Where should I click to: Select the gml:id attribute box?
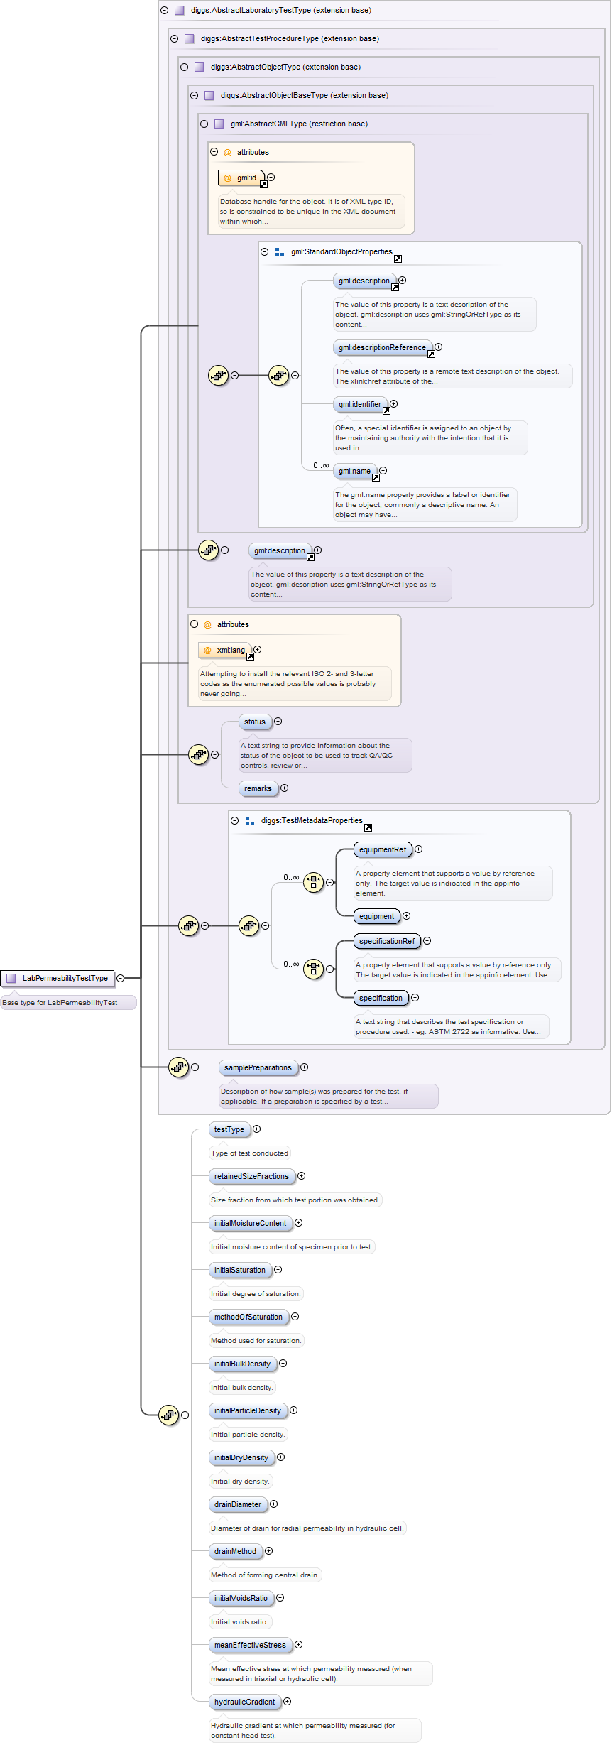242,178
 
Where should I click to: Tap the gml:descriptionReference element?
382,347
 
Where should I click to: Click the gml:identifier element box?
360,404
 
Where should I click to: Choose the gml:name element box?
354,471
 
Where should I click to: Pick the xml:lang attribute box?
225,650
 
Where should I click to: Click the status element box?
254,722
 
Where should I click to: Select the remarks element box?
258,788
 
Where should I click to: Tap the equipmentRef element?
383,849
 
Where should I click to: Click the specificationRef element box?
387,941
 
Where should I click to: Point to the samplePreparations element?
258,1067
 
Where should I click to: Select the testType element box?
229,1129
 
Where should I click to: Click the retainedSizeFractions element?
251,1176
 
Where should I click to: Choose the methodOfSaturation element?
248,1317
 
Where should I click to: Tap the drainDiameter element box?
238,1504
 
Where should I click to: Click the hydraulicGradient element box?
244,1702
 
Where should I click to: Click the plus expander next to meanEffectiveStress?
299,1645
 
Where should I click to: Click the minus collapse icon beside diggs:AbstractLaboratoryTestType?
164,11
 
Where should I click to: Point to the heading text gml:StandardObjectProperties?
341,252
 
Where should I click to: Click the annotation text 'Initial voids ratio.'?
240,1622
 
